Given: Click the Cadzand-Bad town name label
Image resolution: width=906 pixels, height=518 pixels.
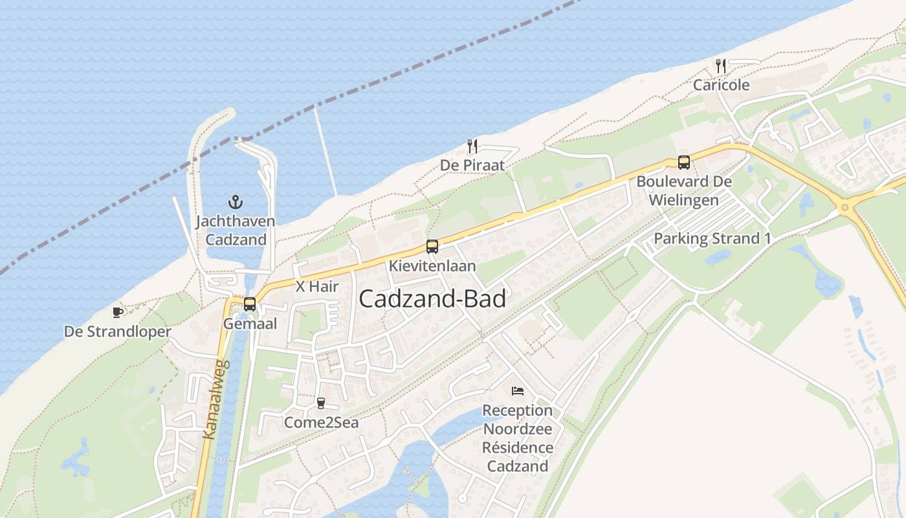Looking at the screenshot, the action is (x=432, y=299).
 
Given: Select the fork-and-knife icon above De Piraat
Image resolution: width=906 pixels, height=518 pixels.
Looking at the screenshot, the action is (x=472, y=146).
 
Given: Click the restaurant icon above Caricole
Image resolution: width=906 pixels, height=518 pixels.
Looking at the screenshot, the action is (x=721, y=65).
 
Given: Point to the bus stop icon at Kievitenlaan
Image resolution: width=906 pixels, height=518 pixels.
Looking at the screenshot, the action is (x=432, y=247).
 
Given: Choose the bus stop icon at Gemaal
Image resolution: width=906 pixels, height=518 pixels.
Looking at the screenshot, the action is (x=250, y=304).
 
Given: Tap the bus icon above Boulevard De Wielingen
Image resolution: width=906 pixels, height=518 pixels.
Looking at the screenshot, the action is (x=684, y=163).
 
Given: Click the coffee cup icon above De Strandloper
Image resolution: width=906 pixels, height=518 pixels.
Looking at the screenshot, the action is (x=117, y=313).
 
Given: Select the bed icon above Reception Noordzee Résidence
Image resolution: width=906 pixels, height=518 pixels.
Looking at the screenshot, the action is (x=517, y=390).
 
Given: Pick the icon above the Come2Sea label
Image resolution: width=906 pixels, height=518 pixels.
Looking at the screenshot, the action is (x=320, y=403).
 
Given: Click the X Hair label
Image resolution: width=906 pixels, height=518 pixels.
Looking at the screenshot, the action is (x=317, y=286).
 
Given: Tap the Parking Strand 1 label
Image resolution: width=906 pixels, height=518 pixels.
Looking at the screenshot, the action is (x=712, y=238).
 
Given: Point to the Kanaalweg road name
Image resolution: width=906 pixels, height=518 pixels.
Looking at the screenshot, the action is (x=217, y=400).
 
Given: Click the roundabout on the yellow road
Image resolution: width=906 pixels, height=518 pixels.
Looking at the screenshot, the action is (x=844, y=208).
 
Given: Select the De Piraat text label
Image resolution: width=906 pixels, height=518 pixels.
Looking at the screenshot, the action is (x=472, y=165).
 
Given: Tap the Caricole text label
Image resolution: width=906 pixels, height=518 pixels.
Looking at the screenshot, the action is (x=721, y=85).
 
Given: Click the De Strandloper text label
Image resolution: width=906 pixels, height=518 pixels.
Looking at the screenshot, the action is (x=117, y=332).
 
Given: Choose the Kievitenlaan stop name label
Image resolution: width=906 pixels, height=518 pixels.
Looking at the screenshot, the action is (x=432, y=266).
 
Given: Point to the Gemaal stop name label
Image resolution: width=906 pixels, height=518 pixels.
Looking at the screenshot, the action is (x=250, y=323).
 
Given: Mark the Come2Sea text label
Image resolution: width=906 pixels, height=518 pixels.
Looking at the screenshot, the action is (x=321, y=423).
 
